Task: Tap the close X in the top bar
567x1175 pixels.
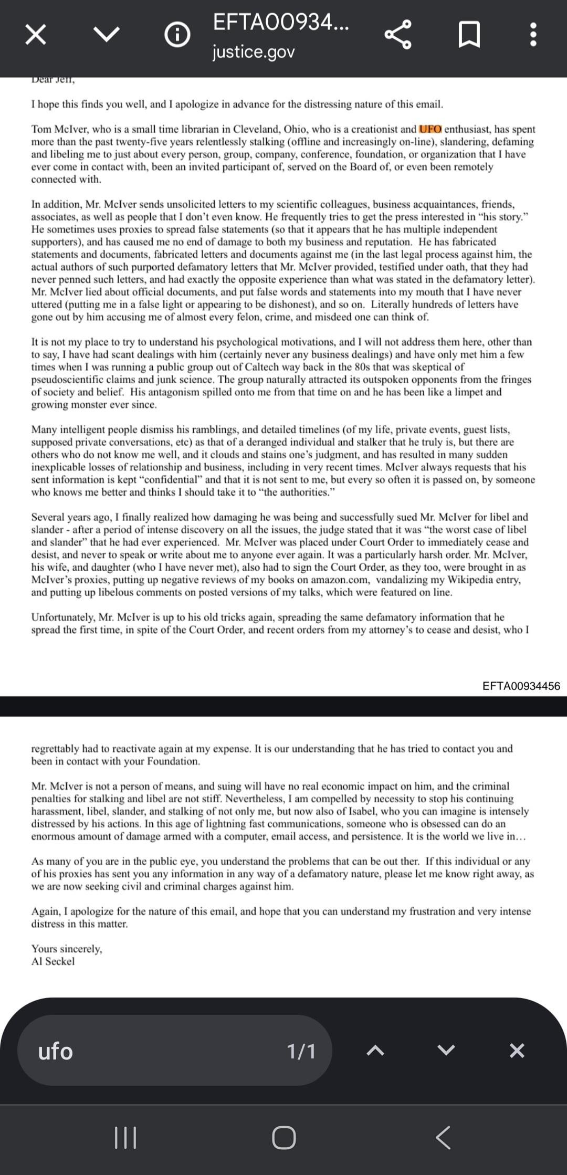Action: pos(35,35)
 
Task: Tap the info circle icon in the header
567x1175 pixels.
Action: pos(177,35)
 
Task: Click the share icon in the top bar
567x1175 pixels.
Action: pos(398,35)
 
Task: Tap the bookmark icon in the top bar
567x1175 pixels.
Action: pos(469,35)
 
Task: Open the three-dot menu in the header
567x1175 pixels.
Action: pos(533,35)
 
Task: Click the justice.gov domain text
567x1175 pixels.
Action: pos(254,52)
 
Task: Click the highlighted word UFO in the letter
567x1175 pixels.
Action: pos(430,129)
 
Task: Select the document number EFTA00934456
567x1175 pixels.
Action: pos(521,686)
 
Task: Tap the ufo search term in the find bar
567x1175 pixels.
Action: pos(56,1051)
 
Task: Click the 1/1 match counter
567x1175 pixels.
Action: pos(301,1051)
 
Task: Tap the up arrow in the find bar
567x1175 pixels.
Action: pos(375,1051)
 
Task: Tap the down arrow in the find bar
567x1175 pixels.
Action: pos(446,1051)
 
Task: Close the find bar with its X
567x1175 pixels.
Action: pos(517,1051)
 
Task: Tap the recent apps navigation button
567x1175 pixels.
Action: pos(125,1138)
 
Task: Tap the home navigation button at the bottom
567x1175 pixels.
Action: pos(283,1138)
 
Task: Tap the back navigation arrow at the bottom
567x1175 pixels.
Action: pos(443,1138)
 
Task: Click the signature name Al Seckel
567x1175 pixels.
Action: pos(53,961)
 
